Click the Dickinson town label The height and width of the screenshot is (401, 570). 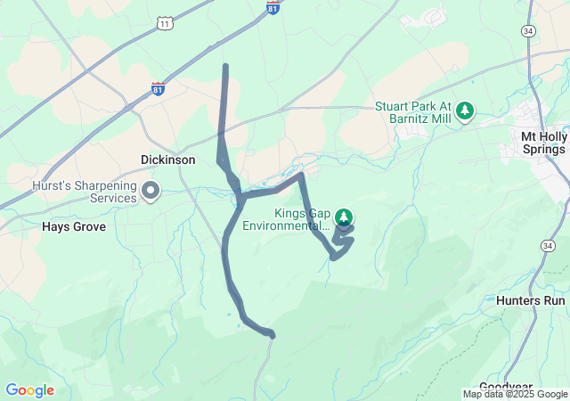(168, 160)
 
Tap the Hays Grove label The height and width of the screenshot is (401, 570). (74, 226)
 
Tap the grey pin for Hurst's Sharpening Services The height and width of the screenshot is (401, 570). (151, 190)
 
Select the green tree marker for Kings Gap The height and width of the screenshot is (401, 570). (344, 217)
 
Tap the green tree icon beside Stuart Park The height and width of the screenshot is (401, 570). (464, 111)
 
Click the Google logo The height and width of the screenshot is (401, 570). (29, 390)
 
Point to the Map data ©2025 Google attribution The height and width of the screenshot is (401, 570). (515, 394)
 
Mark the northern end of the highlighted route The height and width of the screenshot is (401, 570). (225, 66)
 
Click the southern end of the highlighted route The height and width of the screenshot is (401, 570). (272, 335)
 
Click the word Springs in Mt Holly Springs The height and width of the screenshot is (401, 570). (543, 149)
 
